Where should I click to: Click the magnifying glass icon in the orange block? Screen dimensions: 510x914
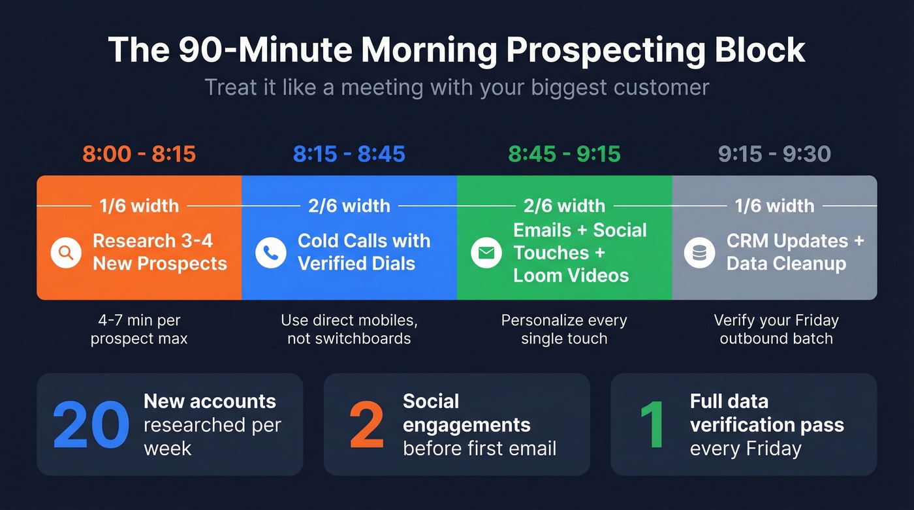(66, 253)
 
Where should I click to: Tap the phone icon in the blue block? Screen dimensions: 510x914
(271, 253)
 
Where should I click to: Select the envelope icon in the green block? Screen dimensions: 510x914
(486, 253)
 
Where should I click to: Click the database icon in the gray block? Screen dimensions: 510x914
(699, 253)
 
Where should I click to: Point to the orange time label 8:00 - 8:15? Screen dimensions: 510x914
(139, 154)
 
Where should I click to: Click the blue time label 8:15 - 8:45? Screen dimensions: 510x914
(349, 154)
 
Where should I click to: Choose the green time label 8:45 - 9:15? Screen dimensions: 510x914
(565, 154)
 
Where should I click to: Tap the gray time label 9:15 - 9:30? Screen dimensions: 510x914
(774, 154)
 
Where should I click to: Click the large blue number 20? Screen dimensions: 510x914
(91, 425)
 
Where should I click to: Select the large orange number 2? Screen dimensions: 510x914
(366, 425)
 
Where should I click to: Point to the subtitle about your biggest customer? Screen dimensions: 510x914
(457, 87)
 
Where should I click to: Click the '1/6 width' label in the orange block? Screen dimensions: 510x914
(139, 206)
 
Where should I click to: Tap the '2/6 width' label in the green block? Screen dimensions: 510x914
(564, 206)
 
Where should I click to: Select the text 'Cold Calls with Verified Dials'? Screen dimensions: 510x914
(364, 252)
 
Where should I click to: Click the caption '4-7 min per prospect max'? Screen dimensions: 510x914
(139, 330)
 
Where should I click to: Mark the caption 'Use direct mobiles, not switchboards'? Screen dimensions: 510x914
(349, 330)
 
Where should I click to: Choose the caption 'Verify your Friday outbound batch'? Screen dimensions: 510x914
(776, 330)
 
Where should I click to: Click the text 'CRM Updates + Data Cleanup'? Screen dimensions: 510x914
(795, 252)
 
